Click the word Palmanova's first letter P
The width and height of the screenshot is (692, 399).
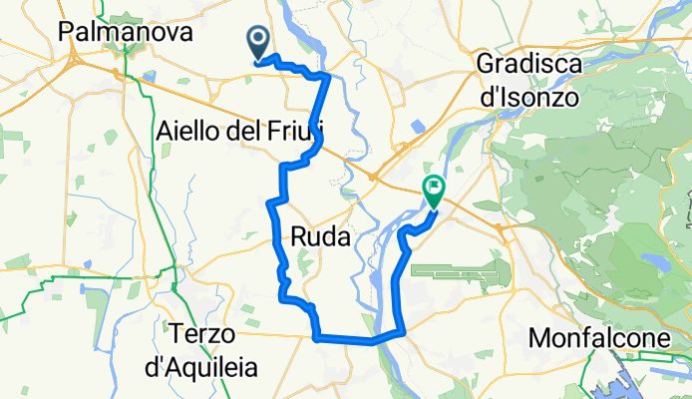coord(67,32)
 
